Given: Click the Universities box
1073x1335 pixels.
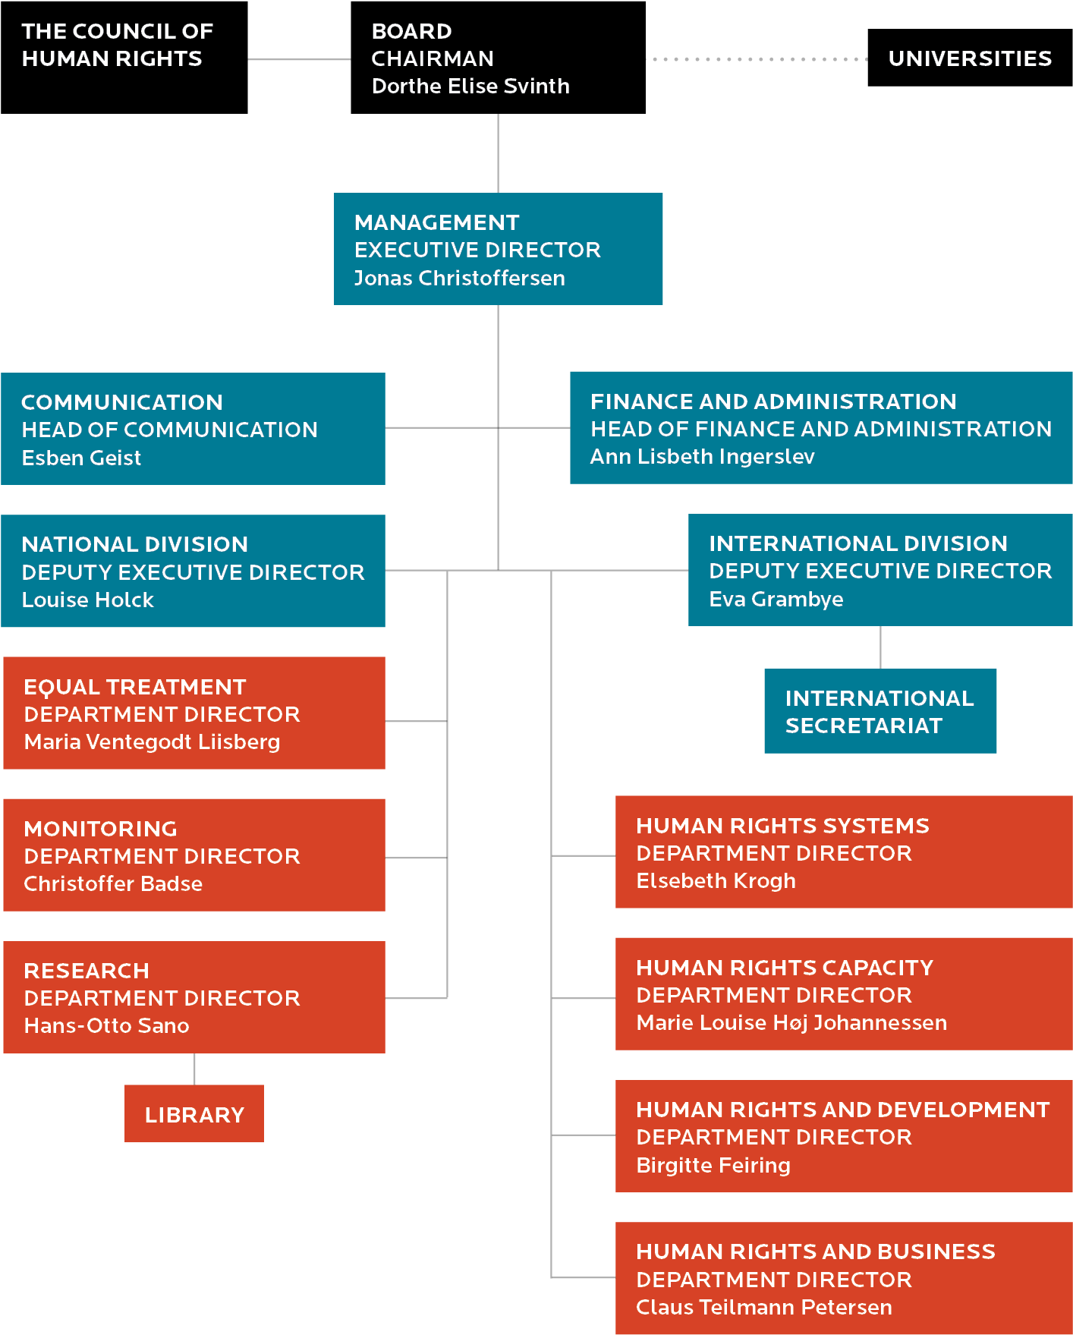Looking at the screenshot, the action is click(970, 58).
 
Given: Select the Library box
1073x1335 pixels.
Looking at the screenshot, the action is click(194, 1113).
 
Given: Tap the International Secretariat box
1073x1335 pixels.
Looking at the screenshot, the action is click(880, 711).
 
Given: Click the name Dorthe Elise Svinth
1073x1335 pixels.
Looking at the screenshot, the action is click(470, 87).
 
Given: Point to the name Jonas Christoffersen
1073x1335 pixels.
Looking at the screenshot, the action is click(460, 279).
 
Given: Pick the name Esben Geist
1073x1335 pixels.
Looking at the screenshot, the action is click(81, 458).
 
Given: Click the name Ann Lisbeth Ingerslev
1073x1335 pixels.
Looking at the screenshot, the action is click(703, 457).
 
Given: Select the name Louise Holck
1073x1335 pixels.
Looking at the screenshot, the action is click(88, 600).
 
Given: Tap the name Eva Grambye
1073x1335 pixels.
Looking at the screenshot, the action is click(776, 600).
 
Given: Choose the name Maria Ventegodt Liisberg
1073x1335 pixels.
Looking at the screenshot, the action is click(152, 742).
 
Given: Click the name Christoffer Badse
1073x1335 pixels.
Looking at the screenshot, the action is click(113, 884).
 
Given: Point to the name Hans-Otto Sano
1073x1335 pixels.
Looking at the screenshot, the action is click(106, 1026).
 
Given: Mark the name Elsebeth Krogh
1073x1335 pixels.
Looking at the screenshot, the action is click(716, 881).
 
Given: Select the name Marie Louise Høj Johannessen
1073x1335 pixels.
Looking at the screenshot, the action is click(791, 1023).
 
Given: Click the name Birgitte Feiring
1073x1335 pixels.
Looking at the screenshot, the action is click(713, 1166).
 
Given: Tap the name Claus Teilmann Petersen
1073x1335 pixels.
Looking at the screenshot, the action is click(764, 1308).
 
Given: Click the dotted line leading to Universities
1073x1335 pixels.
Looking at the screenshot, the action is click(757, 59).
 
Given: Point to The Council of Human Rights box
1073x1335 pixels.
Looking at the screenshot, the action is click(124, 58).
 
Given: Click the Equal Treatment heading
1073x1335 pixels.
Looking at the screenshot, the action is click(135, 687).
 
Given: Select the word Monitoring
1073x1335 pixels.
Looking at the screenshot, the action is click(100, 829).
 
